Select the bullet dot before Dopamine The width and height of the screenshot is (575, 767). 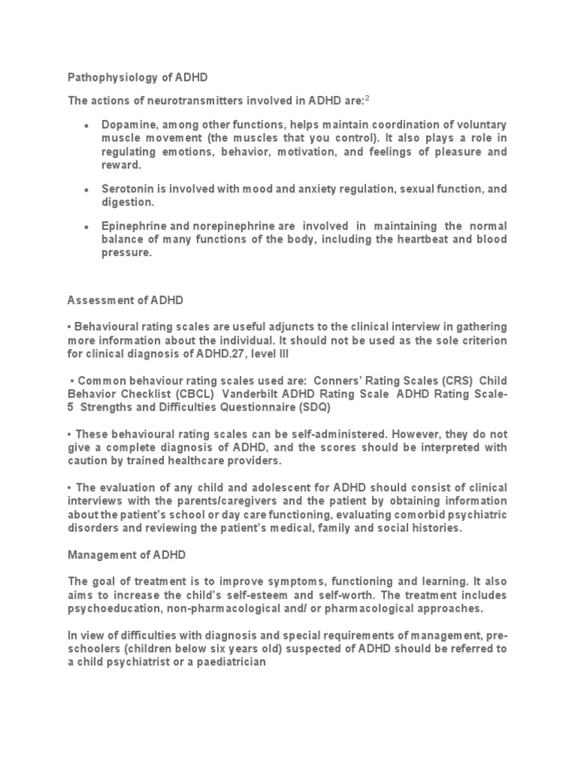pyautogui.click(x=88, y=124)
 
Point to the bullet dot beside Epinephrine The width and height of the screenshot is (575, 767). pyautogui.click(x=88, y=226)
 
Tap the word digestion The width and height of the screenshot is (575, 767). pyautogui.click(x=129, y=202)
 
